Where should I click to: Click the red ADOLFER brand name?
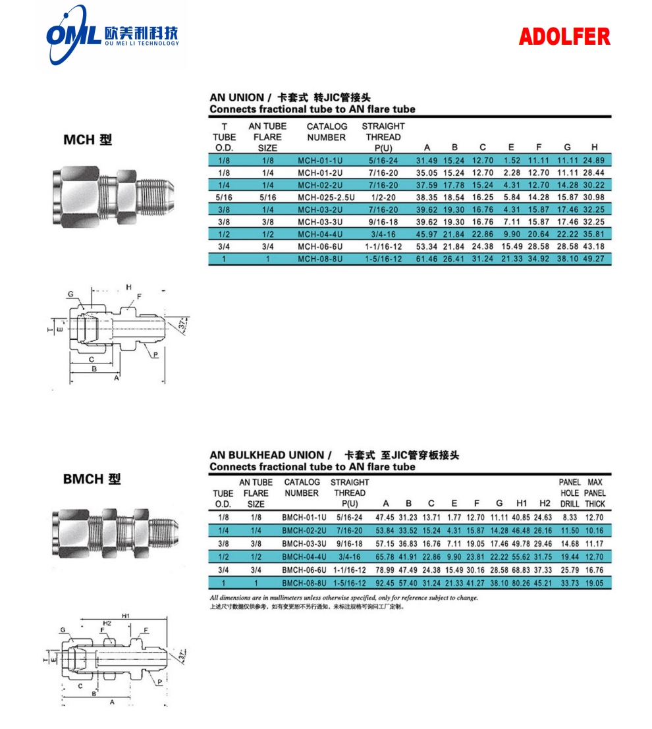(x=564, y=37)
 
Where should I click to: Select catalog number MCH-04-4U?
(x=320, y=234)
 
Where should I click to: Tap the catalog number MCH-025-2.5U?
(x=325, y=197)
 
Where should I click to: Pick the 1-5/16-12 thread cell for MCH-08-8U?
(x=383, y=259)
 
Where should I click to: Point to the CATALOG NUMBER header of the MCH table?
(x=327, y=132)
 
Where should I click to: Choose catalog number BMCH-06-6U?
(x=304, y=569)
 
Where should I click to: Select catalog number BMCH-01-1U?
(x=304, y=518)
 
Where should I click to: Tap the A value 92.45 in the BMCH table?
(x=386, y=583)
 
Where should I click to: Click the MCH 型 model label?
(x=88, y=140)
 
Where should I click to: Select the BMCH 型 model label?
(x=92, y=479)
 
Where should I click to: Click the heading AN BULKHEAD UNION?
(x=267, y=455)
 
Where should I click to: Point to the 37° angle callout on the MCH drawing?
(x=184, y=325)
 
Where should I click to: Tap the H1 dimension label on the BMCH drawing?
(x=125, y=616)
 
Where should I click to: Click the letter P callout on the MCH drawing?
(x=156, y=355)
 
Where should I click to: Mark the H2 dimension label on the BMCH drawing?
(x=106, y=623)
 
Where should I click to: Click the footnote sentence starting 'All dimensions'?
(x=343, y=598)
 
